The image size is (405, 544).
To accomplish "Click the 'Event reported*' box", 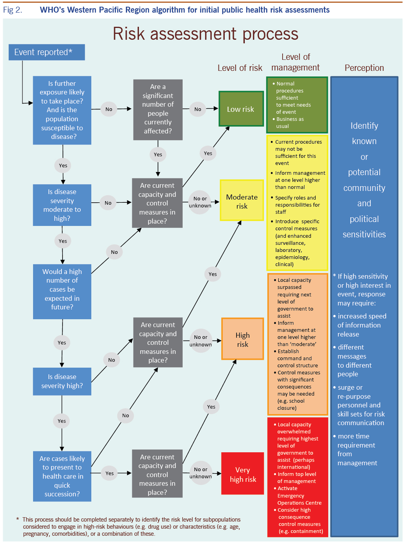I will coord(46,52).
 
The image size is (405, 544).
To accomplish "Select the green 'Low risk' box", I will coord(241,109).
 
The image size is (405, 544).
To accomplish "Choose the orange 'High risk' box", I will coord(242,339).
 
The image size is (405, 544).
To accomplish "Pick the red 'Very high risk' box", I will coord(242,474).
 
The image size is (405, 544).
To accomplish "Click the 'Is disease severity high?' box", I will coord(62,381).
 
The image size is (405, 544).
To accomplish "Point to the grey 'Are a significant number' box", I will coord(158,109).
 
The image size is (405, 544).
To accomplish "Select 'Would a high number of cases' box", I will coord(62,289).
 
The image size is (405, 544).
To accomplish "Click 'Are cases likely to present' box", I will coord(62,476).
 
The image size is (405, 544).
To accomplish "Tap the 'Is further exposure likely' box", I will coord(62,110).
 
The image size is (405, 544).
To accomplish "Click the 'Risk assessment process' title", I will coord(205,34).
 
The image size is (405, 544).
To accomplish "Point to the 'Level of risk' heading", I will coord(240,68).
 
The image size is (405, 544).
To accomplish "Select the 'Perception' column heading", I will coord(364,68).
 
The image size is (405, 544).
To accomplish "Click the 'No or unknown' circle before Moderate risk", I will coord(200,202).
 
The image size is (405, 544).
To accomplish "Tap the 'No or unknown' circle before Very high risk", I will coord(200,473).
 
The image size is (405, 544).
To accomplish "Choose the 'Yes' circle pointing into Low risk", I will coord(208,154).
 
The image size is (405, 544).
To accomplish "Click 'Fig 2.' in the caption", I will coord(13,10).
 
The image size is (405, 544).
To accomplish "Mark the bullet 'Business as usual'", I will coord(289,122).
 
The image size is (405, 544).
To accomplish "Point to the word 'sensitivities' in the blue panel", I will coord(364,235).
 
